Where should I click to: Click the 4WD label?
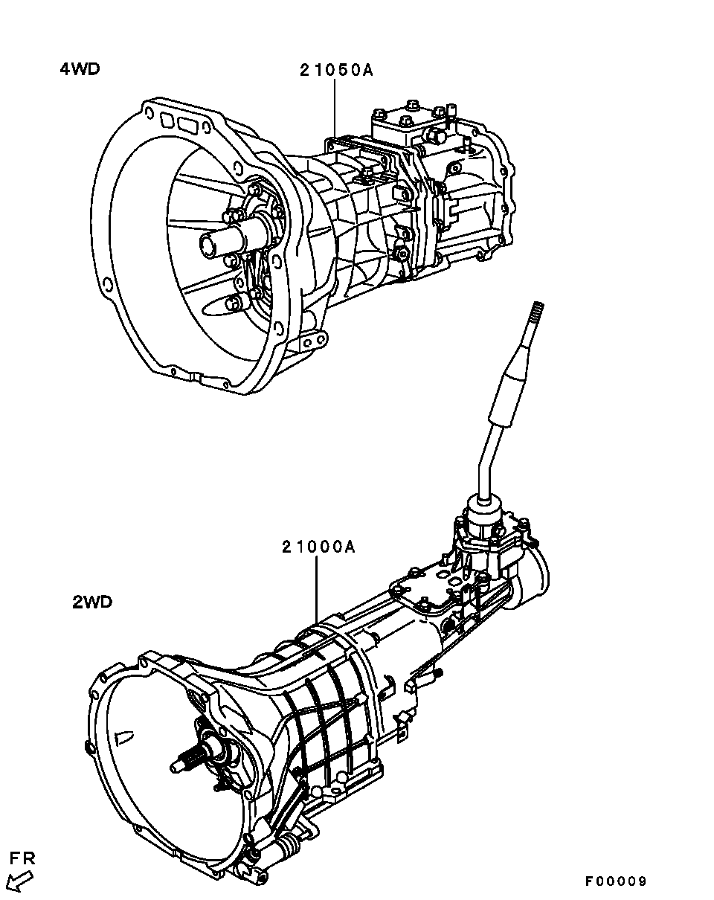click(x=80, y=69)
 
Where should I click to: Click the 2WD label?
click(x=92, y=602)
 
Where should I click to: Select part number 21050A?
click(x=336, y=70)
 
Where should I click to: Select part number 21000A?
click(x=318, y=547)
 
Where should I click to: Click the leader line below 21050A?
click(x=335, y=108)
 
